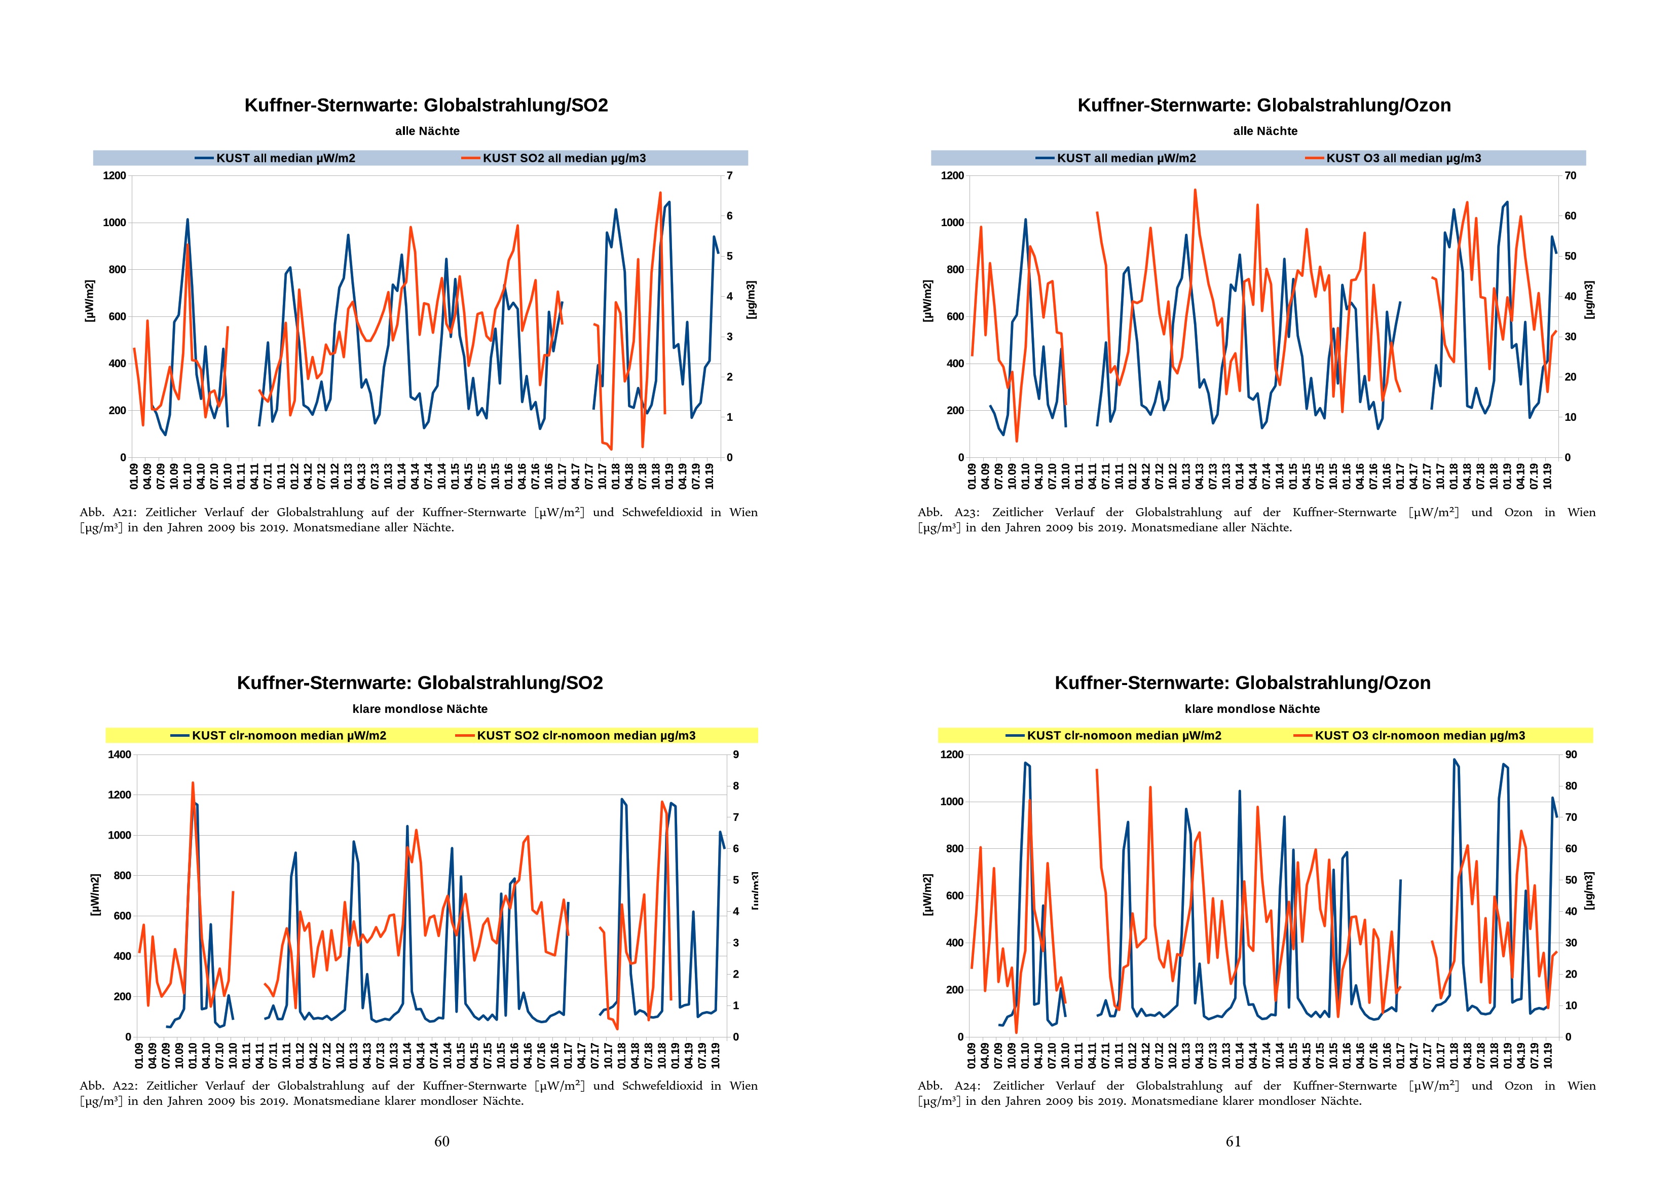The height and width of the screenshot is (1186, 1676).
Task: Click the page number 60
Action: (441, 1141)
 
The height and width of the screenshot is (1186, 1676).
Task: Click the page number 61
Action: (1233, 1141)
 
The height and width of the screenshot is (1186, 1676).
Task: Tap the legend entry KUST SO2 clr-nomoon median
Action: (585, 735)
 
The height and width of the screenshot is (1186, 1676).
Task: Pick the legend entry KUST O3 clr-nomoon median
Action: (1419, 735)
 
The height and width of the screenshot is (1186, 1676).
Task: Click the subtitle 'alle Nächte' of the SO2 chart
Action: (427, 131)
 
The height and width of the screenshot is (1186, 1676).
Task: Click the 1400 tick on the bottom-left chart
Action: (120, 754)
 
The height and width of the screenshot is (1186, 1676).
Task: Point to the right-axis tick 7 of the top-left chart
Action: (729, 176)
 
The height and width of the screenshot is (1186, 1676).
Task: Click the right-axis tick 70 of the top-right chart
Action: (1570, 176)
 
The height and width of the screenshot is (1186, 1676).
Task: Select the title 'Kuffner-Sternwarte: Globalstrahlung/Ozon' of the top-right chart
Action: (1263, 105)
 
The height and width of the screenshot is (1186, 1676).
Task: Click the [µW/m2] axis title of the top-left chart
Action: (89, 300)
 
